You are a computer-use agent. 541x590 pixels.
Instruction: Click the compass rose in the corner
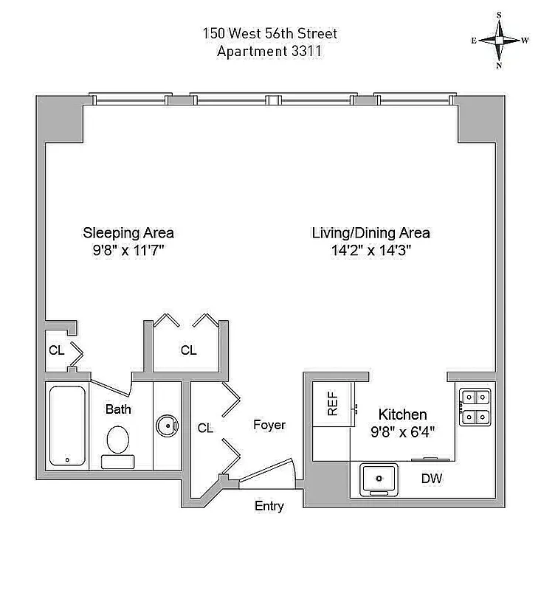tap(500, 41)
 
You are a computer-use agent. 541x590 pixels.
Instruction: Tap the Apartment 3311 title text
tap(270, 51)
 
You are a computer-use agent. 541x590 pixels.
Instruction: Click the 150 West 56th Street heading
tap(270, 34)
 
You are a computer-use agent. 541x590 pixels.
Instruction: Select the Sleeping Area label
tap(128, 233)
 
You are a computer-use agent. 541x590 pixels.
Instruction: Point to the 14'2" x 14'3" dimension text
tap(371, 250)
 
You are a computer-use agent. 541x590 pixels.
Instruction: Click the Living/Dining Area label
tap(371, 233)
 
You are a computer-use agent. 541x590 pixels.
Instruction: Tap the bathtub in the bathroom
tap(68, 426)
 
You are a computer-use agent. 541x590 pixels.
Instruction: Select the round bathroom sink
tap(167, 426)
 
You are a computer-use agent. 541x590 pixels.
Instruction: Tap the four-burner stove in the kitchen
tap(476, 407)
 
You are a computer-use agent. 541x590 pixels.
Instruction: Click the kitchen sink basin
tap(379, 479)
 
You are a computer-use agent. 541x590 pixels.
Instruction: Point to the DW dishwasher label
tap(432, 479)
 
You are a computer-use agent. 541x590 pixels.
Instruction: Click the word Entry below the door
tap(269, 506)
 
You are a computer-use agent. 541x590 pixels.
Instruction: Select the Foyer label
tap(269, 426)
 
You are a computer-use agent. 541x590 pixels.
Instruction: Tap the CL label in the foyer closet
tap(205, 428)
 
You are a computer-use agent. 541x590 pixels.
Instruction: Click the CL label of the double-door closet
tap(188, 351)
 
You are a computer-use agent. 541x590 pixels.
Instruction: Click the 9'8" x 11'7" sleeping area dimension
tap(128, 250)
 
